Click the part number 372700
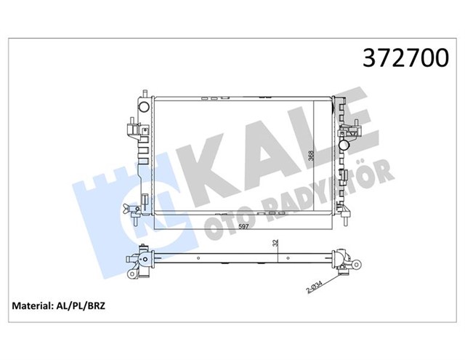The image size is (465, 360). point(400,59)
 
